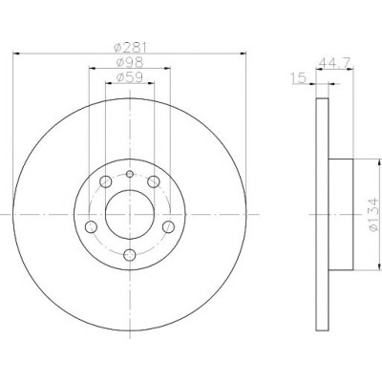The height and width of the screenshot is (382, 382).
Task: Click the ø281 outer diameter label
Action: pyautogui.click(x=130, y=48)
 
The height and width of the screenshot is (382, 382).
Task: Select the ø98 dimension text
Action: pyautogui.click(x=130, y=62)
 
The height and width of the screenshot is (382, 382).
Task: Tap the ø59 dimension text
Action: pyautogui.click(x=129, y=77)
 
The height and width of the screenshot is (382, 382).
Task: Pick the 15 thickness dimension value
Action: pyautogui.click(x=298, y=77)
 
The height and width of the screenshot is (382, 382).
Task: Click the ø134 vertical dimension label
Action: pyautogui.click(x=373, y=215)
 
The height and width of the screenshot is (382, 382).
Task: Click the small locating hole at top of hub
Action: pyautogui.click(x=130, y=174)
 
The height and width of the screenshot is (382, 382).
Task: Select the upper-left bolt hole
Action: pyautogui.click(x=106, y=181)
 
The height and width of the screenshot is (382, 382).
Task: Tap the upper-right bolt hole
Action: pyautogui.click(x=154, y=181)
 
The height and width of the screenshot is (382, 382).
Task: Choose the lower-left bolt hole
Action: pyautogui.click(x=92, y=226)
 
